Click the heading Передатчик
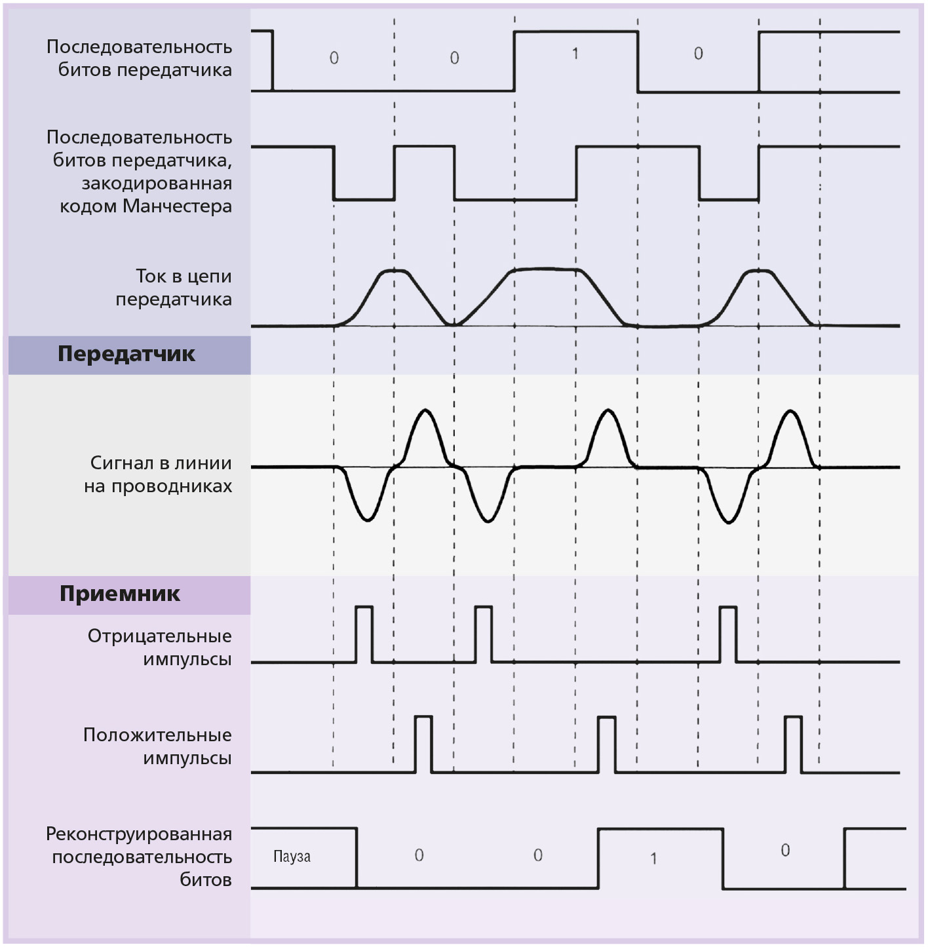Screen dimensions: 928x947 126,355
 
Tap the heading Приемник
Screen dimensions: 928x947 120,594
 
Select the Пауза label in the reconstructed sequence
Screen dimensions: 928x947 292,857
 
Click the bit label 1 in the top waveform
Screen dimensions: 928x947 575,54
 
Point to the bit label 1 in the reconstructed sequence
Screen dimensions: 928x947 653,859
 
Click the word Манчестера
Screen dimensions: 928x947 177,206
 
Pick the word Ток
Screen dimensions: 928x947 151,276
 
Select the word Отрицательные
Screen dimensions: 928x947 160,636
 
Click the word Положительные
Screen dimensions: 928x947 157,735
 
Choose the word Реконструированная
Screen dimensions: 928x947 139,834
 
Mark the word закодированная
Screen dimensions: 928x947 157,184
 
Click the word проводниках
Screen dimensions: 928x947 172,486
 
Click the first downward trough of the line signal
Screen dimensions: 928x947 367,520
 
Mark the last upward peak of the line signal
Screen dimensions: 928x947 789,410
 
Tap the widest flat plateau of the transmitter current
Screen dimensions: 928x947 545,269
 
